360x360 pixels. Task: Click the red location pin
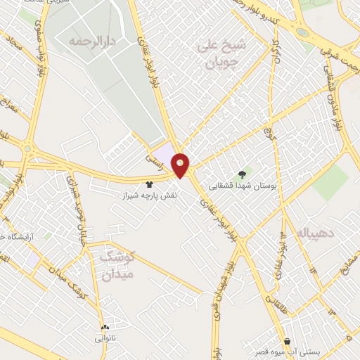point(181,165)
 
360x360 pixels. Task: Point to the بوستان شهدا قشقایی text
point(243,187)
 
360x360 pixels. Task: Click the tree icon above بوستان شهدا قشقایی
point(243,174)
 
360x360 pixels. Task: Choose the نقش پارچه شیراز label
point(149,193)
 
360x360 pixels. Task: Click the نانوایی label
point(106,338)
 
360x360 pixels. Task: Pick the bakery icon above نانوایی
point(106,327)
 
